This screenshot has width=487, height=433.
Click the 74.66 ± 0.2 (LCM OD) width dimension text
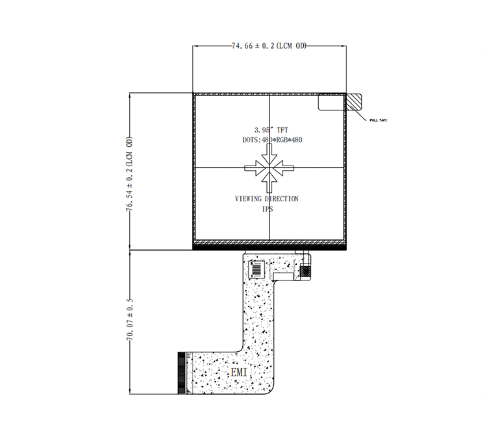pos(269,45)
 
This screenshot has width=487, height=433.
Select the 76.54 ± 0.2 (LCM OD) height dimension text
pos(129,174)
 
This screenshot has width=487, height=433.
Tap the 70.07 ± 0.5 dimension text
pos(130,319)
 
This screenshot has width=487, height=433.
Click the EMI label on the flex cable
pos(239,372)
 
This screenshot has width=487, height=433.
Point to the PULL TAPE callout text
pos(379,120)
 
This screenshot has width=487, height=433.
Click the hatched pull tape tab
pos(354,102)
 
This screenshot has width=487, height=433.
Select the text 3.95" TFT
pos(271,130)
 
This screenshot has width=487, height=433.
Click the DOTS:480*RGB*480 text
pos(272,140)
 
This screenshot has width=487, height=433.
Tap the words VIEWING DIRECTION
pos(266,199)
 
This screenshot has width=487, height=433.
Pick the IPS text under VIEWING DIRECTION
pos(268,209)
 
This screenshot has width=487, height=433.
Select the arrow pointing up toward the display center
pos(269,182)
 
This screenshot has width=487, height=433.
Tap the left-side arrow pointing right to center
pos(255,168)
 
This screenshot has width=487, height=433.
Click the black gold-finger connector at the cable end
pos(181,373)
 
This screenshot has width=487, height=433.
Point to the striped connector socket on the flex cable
pos(257,269)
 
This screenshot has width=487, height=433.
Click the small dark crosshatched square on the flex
pos(305,271)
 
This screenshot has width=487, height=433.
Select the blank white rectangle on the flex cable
pos(283,276)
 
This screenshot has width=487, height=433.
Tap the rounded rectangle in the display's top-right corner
pos(331,102)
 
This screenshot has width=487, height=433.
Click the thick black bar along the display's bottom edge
pos(269,247)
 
